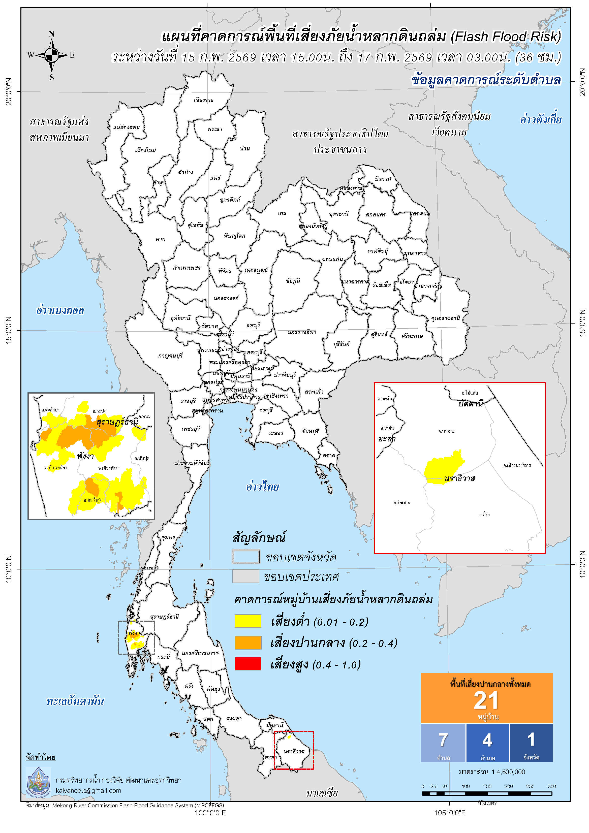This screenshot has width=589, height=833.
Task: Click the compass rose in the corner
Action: tap(51, 55)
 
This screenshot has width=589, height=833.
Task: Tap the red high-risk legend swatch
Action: tap(248, 664)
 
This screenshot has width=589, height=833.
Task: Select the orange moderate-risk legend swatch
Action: tap(248, 643)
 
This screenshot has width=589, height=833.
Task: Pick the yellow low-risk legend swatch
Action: tap(248, 621)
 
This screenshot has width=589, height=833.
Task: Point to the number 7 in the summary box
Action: tap(443, 740)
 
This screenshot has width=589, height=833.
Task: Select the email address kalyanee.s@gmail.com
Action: tap(88, 791)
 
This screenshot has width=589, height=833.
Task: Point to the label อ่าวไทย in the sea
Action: tap(262, 487)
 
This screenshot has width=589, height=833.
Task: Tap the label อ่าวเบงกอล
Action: tap(60, 311)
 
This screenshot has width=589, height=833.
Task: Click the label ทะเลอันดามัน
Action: tap(75, 701)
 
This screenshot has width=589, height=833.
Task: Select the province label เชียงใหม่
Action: tap(145, 150)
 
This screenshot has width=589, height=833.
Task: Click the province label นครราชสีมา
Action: tap(302, 332)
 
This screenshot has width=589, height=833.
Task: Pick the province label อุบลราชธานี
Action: tap(445, 318)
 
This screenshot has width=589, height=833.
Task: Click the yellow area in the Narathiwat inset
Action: tap(444, 468)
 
